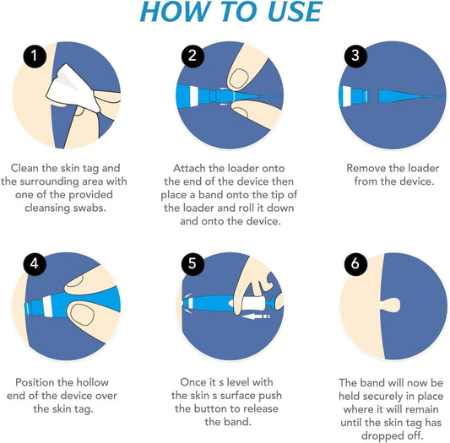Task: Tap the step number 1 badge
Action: coord(32,57)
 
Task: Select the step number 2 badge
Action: coord(191,57)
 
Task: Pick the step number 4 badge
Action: coord(32,263)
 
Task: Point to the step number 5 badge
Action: coord(191,263)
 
